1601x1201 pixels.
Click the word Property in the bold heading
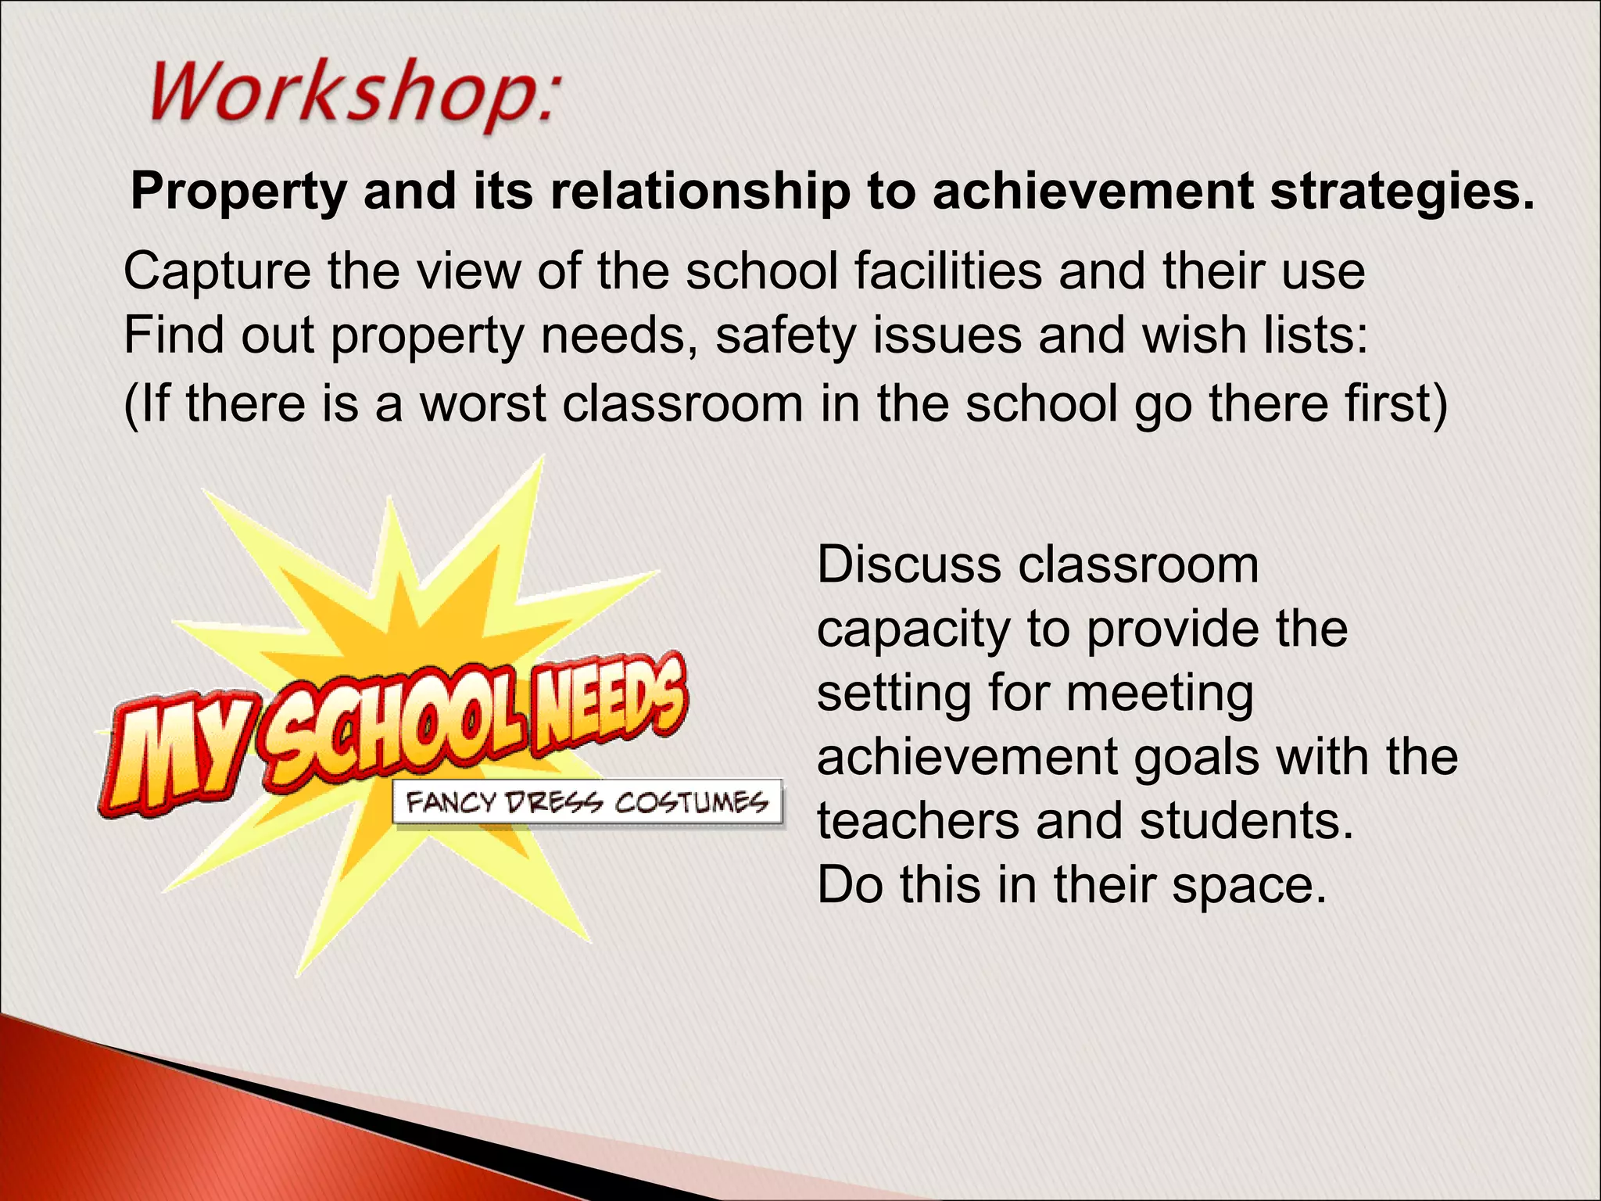(238, 192)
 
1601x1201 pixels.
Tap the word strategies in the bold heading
(1402, 192)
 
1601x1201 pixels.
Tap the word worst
(483, 404)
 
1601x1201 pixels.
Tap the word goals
(1197, 758)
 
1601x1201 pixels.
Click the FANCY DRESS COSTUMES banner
(587, 802)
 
